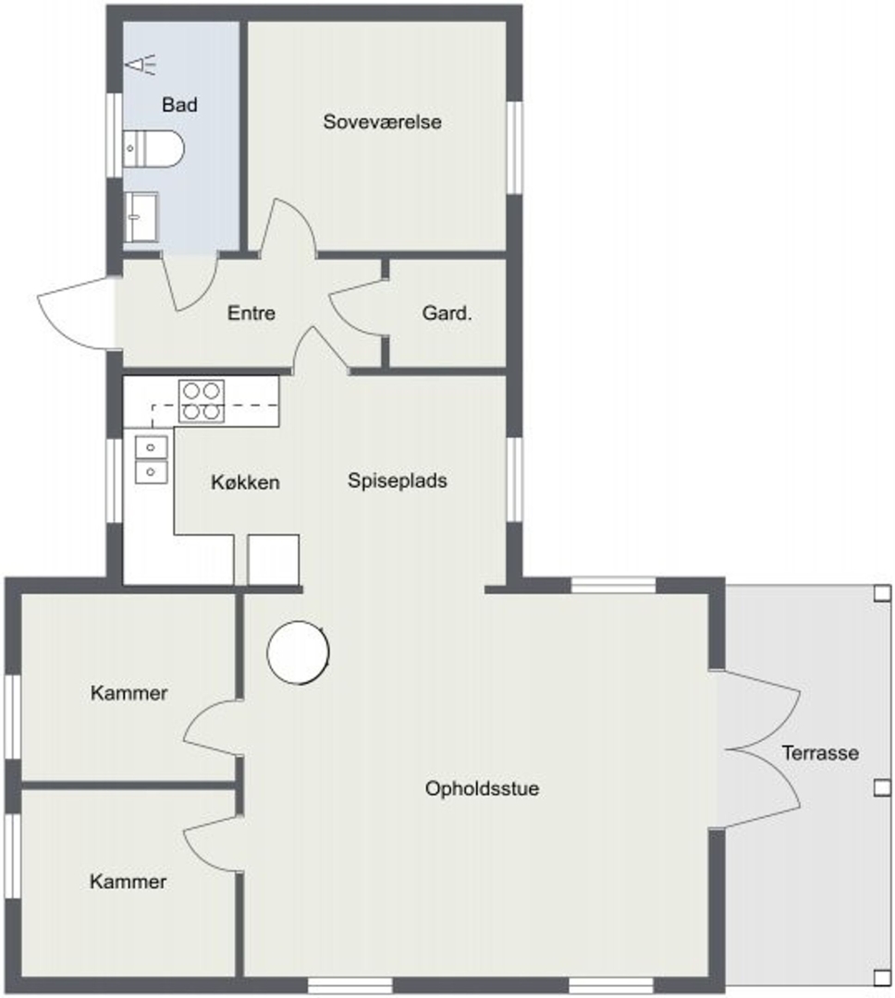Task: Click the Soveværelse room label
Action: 382,122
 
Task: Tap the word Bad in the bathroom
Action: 179,104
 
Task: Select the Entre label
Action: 251,313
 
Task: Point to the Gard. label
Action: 447,313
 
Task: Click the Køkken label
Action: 245,482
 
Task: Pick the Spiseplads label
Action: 398,481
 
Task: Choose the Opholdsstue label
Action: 483,788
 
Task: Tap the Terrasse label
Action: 820,753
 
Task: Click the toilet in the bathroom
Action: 153,149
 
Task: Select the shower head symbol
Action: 141,65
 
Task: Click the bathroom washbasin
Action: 141,217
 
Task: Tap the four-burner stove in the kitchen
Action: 202,401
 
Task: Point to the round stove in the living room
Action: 298,652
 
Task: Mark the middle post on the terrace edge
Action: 882,788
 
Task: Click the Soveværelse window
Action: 515,147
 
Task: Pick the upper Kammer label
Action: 129,693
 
